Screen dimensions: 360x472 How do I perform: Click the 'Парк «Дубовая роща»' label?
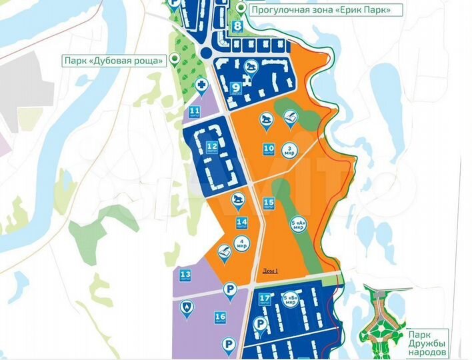(x=113, y=61)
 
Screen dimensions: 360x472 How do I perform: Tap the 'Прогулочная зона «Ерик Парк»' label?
(x=325, y=9)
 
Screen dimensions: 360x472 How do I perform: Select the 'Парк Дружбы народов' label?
(x=427, y=343)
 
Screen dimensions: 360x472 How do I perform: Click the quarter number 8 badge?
(x=237, y=27)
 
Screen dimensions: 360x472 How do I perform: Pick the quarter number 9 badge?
(x=237, y=87)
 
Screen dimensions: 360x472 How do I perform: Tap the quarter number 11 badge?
(x=195, y=111)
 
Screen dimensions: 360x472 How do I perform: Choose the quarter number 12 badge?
(x=211, y=147)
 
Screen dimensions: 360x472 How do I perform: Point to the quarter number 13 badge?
(x=185, y=275)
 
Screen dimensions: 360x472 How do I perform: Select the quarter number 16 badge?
(x=220, y=317)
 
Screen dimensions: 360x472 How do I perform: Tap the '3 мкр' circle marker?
(x=289, y=149)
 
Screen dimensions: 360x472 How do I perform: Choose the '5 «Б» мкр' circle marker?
(x=290, y=299)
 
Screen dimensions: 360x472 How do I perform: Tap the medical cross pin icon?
(x=201, y=85)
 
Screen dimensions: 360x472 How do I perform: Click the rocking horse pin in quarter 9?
(x=251, y=67)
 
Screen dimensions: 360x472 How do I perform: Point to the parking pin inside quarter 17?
(x=261, y=323)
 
